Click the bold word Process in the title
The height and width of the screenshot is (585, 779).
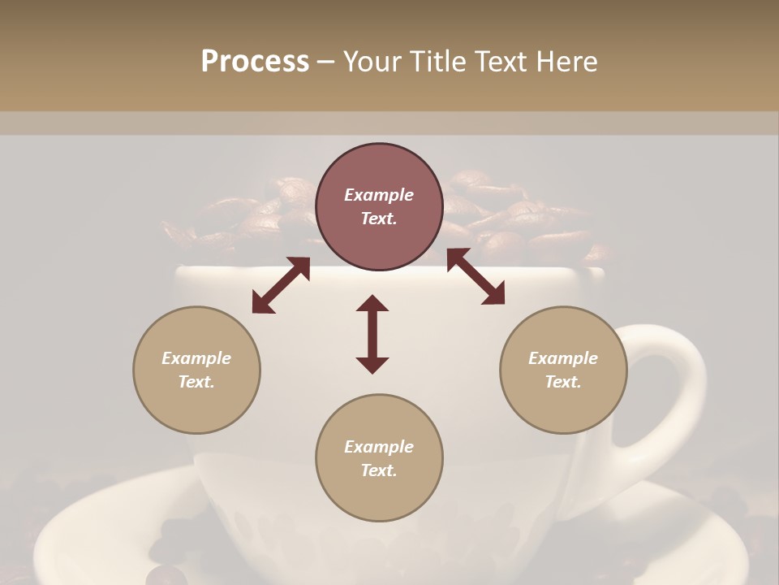[255, 62]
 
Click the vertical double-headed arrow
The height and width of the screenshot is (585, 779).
[372, 334]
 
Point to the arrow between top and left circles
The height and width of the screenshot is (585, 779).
[281, 285]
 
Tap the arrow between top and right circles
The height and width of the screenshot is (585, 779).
[476, 277]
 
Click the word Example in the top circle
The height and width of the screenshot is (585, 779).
[379, 195]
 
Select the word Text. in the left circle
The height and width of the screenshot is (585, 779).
[196, 382]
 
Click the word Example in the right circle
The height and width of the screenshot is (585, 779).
[563, 358]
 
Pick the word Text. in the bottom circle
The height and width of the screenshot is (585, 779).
[379, 470]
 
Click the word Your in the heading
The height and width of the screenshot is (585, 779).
[368, 62]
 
